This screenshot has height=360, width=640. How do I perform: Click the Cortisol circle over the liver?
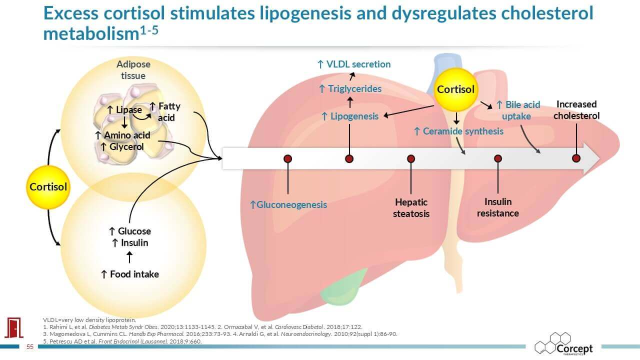455,89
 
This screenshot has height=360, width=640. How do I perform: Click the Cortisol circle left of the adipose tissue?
48,187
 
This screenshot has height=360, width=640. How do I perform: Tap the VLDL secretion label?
354,64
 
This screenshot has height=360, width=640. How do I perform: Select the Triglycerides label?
350,89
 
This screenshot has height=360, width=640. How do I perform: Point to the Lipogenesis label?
350,117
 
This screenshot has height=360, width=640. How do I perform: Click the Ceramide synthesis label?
458,131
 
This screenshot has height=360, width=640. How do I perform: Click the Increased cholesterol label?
576,110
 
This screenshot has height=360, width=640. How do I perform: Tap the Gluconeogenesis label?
288,204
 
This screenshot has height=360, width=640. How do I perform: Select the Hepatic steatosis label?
411,208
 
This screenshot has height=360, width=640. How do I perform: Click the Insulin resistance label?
497,207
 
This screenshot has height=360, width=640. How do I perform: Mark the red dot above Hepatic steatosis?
411,159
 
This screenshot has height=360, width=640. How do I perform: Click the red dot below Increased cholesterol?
576,158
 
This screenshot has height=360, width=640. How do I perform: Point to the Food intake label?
130,274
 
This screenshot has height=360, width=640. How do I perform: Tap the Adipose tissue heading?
133,70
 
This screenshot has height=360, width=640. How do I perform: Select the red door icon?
12,327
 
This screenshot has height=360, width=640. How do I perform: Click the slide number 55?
29,347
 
